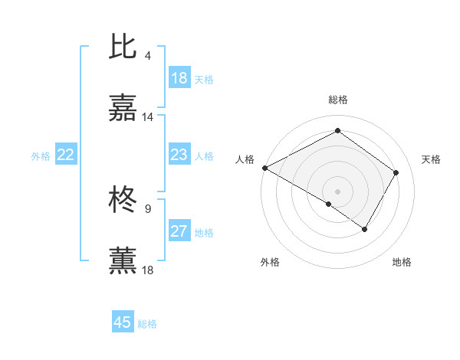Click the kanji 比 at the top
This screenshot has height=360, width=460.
pos(123,47)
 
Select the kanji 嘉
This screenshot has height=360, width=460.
pos(123,109)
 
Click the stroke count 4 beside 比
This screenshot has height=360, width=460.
pos(147,56)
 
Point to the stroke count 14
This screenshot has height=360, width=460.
pos(148,117)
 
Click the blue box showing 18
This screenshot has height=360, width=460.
pos(179,78)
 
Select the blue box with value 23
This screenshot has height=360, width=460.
pos(179,155)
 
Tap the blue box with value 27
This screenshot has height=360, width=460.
pos(179,231)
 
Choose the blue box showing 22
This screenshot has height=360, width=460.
pos(65,155)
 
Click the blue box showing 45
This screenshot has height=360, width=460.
pos(122,322)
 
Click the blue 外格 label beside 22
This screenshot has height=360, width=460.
pos(41,156)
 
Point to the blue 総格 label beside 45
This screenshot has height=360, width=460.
pos(147,324)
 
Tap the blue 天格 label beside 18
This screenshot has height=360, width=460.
pos(204,80)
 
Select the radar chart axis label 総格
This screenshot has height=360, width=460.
pos(338,100)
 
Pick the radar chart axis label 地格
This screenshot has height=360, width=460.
pos(402,262)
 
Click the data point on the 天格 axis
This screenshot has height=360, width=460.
pos(396,172)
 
